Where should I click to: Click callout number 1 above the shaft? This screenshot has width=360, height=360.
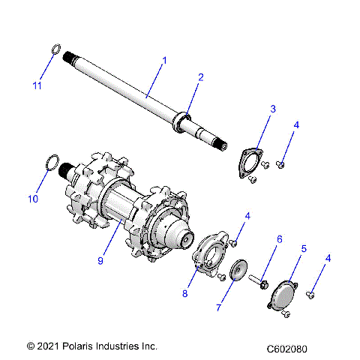click(x=164, y=60)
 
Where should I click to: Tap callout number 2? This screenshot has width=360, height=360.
click(x=200, y=77)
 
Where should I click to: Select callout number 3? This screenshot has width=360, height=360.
click(x=273, y=109)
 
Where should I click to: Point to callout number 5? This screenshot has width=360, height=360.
click(x=304, y=248)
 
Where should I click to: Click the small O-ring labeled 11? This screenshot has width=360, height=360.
click(x=55, y=50)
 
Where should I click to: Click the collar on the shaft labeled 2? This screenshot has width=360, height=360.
click(x=183, y=120)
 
